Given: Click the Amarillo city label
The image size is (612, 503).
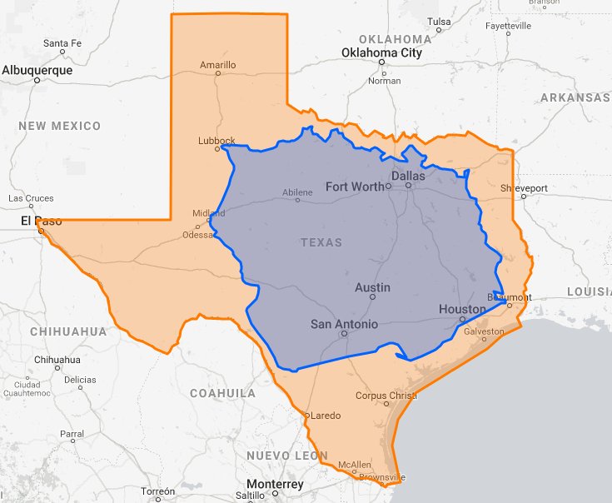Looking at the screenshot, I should pyautogui.click(x=218, y=64).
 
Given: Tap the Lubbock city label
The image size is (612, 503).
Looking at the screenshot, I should pyautogui.click(x=216, y=141).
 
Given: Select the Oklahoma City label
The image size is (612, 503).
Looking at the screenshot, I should pyautogui.click(x=381, y=53).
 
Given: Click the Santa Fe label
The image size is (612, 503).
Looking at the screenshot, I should pyautogui.click(x=62, y=42).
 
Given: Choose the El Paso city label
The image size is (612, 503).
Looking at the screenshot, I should pyautogui.click(x=36, y=222).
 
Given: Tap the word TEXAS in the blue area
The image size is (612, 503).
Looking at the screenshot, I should pyautogui.click(x=321, y=242).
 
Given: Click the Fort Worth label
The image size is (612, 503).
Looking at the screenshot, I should pyautogui.click(x=355, y=187).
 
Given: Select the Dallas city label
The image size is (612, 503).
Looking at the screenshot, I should pyautogui.click(x=408, y=177).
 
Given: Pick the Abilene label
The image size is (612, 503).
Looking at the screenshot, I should pyautogui.click(x=297, y=192).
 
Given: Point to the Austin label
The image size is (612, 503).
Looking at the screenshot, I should pyautogui.click(x=372, y=287).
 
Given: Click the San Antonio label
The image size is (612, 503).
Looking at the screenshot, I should pyautogui.click(x=344, y=324).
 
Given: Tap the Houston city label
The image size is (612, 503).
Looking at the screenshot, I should pyautogui.click(x=462, y=309).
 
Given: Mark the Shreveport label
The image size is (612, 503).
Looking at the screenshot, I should pyautogui.click(x=525, y=188).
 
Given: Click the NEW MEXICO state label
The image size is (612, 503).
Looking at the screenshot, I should pyautogui.click(x=59, y=126).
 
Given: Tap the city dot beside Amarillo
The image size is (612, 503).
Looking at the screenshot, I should pyautogui.click(x=218, y=73).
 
